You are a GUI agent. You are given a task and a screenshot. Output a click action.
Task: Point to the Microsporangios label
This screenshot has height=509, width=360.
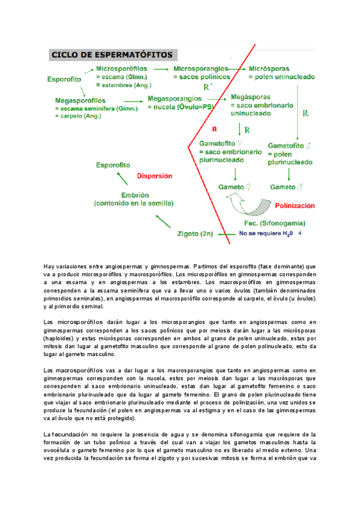pyautogui.click(x=202, y=69)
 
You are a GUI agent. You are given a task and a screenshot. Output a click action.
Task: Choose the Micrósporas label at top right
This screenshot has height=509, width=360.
pyautogui.click(x=271, y=69)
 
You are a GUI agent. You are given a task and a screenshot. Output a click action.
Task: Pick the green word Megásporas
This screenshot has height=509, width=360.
pyautogui.click(x=250, y=97)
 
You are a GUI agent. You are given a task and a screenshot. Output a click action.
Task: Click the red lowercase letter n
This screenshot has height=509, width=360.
pyautogui.click(x=214, y=128)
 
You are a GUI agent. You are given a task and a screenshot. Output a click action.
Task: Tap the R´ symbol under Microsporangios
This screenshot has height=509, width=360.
pyautogui.click(x=208, y=87)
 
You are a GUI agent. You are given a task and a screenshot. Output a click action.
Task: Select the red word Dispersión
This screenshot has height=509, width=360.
pyautogui.click(x=155, y=176)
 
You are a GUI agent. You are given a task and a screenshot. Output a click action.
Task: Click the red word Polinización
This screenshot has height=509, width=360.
pyautogui.click(x=295, y=205)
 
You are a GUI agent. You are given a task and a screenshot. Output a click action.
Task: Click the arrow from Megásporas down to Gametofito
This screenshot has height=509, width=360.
pyautogui.click(x=239, y=128)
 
